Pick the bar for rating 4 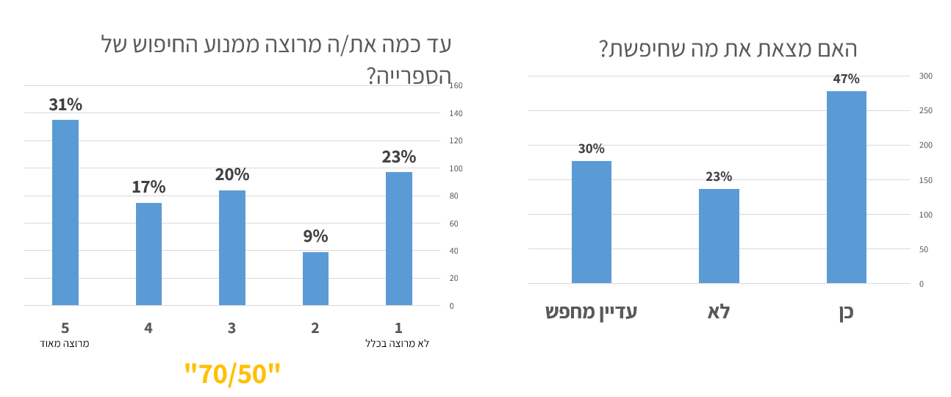148,254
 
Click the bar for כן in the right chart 846,187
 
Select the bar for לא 719,235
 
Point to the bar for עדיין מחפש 591,221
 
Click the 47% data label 846,79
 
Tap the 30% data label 591,149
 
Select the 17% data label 148,187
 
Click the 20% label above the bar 232,175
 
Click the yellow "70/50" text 232,374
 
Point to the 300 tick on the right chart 925,76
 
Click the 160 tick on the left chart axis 456,86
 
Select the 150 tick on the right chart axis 925,180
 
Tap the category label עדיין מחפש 591,312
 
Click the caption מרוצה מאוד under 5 65,343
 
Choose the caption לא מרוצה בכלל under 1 397,343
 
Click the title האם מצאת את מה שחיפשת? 728,49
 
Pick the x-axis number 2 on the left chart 315,328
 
